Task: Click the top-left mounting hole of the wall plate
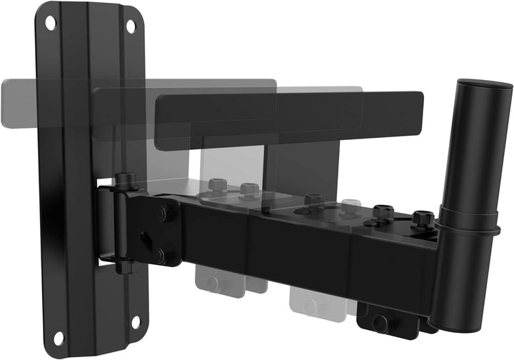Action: [50, 22]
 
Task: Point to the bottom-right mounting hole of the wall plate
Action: [135, 321]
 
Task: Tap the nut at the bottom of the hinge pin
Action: [126, 266]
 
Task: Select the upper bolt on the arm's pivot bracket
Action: [166, 212]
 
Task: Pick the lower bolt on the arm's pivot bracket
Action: [160, 254]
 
